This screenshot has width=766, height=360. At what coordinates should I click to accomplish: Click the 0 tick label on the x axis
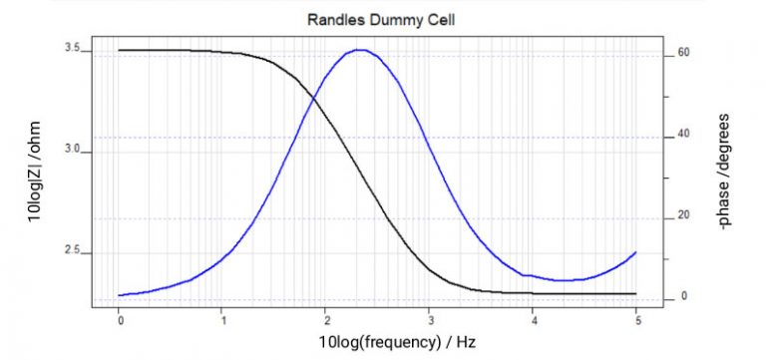click(120, 320)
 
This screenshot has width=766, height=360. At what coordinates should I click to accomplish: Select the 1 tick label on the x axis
click(222, 320)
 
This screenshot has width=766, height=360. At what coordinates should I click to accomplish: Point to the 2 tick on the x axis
click(326, 320)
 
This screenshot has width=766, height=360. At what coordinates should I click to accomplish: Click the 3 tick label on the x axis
click(429, 320)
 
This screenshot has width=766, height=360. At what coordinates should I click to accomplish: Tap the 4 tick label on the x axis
click(533, 320)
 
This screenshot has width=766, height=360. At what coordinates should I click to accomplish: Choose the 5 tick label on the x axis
click(635, 320)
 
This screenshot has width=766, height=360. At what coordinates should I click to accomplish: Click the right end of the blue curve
click(635, 252)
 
